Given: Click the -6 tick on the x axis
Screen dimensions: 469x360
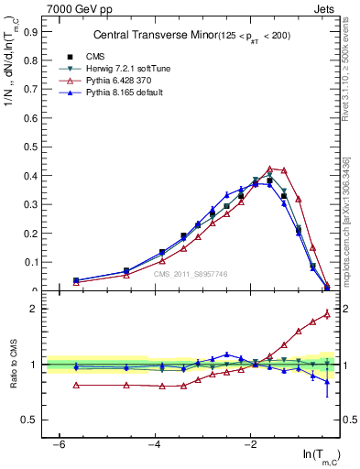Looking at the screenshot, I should pos(59,443).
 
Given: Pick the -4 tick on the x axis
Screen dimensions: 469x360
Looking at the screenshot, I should pos(155,443).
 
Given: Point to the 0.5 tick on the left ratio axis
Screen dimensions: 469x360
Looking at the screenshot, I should pos(33,420).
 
